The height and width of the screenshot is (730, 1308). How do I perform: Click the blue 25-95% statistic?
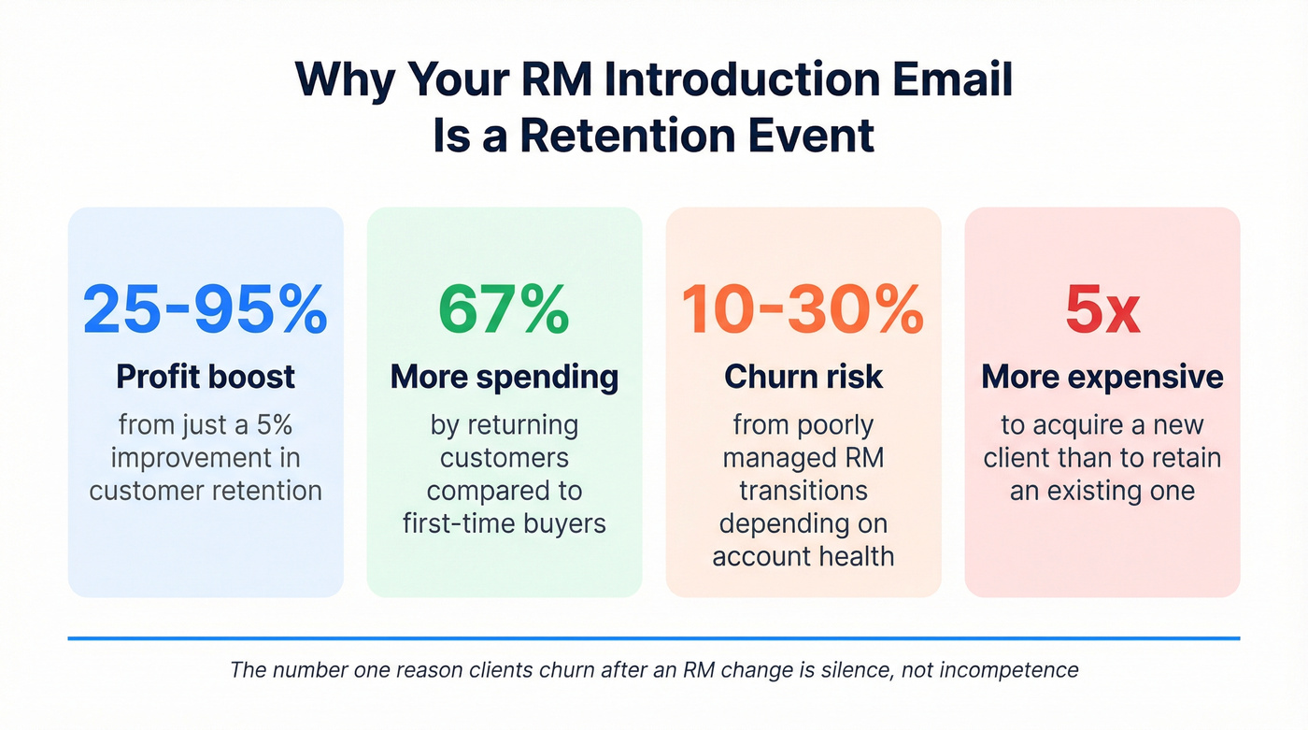(x=206, y=310)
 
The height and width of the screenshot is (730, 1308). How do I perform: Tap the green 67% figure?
(x=504, y=310)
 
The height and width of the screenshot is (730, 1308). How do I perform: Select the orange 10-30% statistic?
(x=803, y=310)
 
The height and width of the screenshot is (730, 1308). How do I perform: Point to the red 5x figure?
(x=1102, y=310)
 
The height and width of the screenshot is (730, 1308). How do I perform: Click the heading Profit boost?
(x=206, y=377)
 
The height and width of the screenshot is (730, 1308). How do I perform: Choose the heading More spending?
(x=504, y=377)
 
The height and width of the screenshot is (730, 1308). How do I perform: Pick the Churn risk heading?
(x=803, y=377)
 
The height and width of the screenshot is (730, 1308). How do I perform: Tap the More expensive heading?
(x=1102, y=377)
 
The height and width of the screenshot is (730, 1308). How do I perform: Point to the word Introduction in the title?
(x=723, y=80)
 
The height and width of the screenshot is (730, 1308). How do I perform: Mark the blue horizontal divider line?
(x=654, y=638)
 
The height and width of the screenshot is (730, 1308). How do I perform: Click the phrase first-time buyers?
(x=504, y=523)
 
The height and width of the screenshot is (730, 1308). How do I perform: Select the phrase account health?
(x=803, y=556)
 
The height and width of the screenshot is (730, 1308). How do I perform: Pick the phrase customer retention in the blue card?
(x=206, y=490)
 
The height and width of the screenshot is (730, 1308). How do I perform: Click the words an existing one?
(x=1102, y=490)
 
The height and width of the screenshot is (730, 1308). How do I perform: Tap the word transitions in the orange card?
(x=803, y=490)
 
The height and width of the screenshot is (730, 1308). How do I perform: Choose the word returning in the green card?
(x=529, y=425)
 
